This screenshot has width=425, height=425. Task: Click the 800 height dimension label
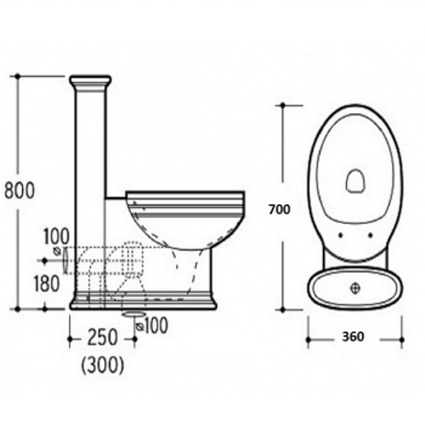click(x=20, y=190)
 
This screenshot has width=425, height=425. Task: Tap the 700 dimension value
click(x=279, y=209)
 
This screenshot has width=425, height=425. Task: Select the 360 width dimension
click(x=353, y=337)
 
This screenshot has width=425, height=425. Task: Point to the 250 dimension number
click(x=102, y=337)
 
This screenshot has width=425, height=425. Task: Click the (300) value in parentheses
click(x=103, y=365)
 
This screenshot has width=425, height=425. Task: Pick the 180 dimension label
click(x=47, y=284)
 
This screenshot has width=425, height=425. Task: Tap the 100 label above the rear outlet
click(x=56, y=236)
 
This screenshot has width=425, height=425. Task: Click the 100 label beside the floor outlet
click(x=156, y=326)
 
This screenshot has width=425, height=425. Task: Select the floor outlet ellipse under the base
click(x=134, y=314)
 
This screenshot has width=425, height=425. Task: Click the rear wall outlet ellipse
click(x=65, y=260)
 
